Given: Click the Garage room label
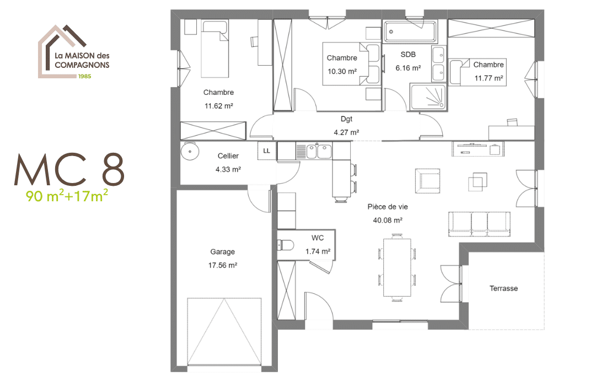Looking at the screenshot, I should [222, 252].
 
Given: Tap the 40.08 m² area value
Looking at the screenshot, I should [388, 220].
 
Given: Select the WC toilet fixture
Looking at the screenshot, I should [286, 245].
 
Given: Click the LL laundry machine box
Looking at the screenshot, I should [267, 151].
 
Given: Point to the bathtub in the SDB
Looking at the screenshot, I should [410, 32].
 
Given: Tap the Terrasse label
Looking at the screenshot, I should [503, 288].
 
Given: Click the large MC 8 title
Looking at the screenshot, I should [69, 169].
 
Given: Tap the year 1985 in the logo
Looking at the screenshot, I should [84, 76].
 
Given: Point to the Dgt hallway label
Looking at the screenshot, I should [346, 119].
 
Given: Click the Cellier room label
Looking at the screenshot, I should [228, 156].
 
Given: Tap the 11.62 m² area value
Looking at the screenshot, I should [218, 106].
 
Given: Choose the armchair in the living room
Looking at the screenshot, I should [428, 179].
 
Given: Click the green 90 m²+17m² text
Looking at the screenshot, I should [66, 196].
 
